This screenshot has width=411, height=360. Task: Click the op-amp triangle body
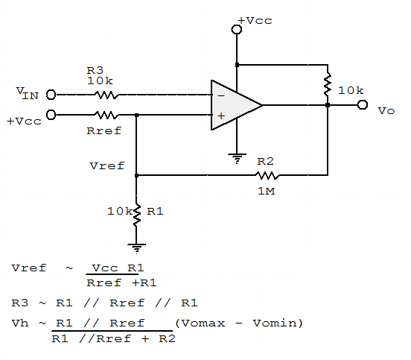235,105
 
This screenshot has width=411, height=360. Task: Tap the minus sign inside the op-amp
220,95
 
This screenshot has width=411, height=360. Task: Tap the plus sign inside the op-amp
220,116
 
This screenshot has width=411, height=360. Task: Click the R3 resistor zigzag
106,95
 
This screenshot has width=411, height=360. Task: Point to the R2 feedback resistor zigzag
266,175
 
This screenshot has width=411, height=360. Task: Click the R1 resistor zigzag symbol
137,213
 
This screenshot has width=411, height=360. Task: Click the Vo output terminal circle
363,105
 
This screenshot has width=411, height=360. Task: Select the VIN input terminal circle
51,95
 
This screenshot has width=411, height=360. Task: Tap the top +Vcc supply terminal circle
237,30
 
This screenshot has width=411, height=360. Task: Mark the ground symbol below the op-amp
237,158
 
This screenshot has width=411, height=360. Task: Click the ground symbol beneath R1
137,246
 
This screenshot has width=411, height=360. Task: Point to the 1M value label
266,191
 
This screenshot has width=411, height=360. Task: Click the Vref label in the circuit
106,165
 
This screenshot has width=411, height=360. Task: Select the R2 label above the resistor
266,161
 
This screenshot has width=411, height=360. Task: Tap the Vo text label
386,111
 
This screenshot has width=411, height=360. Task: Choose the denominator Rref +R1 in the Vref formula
121,283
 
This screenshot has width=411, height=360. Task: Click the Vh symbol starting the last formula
19,323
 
